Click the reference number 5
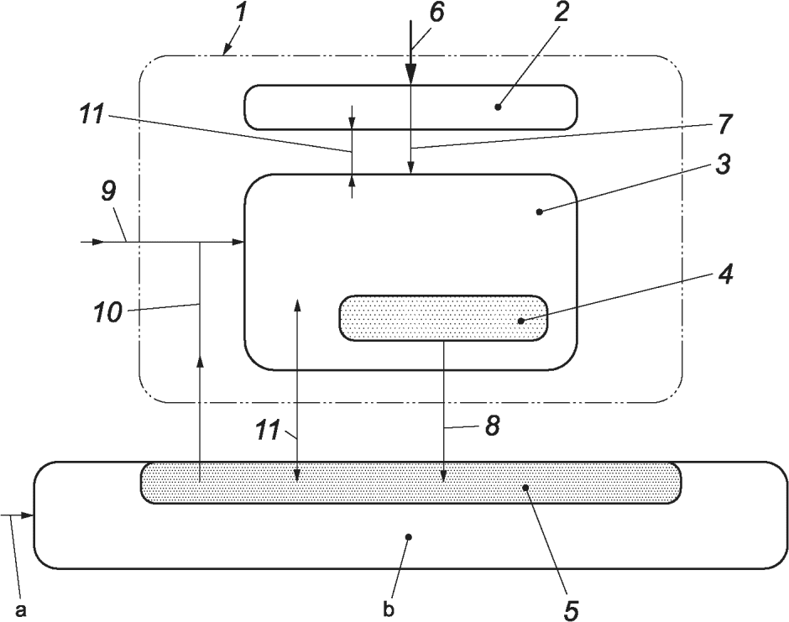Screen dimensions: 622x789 (x=572, y=607)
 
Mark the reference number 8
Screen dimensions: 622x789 (x=491, y=426)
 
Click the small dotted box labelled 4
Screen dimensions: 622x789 (x=442, y=318)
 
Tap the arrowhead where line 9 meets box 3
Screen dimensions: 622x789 (x=238, y=242)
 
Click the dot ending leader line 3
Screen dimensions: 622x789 (x=539, y=212)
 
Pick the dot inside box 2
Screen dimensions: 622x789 (x=498, y=107)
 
